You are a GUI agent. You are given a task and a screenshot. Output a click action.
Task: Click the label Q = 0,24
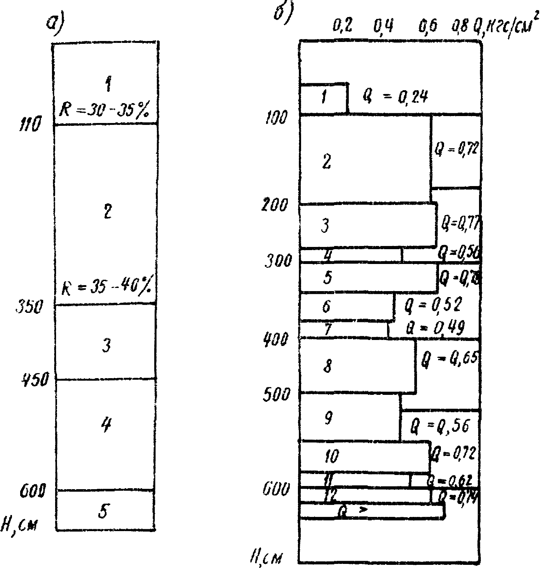(x=395, y=96)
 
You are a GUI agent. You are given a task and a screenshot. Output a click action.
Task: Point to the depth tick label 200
(x=274, y=205)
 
